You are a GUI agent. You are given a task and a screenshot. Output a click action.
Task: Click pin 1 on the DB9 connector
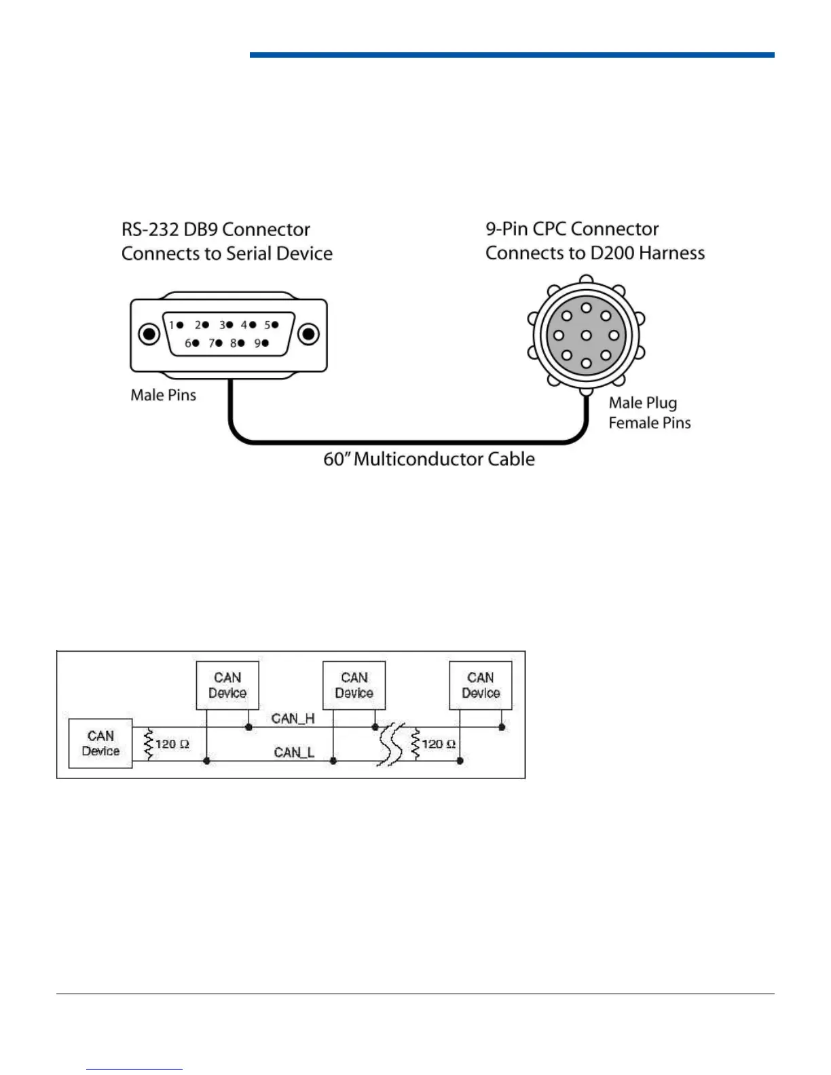(x=180, y=325)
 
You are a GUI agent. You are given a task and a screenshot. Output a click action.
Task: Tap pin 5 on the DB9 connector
(x=275, y=325)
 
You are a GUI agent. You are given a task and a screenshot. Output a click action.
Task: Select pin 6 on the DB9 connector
(x=196, y=343)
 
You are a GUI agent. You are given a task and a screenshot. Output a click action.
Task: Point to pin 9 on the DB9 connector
(x=265, y=343)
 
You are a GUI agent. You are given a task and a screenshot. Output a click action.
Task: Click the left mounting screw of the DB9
(x=149, y=334)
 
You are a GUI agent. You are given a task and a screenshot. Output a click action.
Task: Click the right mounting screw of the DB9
(x=309, y=334)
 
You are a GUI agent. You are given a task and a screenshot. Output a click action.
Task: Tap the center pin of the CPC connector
(x=587, y=335)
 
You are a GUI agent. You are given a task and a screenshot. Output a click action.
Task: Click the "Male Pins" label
(x=163, y=395)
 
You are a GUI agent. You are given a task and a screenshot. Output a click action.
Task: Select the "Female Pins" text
(x=649, y=423)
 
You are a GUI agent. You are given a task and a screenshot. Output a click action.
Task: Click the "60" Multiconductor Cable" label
(x=428, y=459)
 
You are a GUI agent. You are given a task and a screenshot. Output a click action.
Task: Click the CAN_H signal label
(x=293, y=718)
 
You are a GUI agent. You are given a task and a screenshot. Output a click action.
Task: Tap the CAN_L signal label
(x=294, y=752)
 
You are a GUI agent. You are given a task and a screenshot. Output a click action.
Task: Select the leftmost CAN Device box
(x=100, y=744)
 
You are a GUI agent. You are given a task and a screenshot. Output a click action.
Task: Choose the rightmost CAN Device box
(x=481, y=685)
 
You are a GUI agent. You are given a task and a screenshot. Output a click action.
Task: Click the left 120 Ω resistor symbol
(x=149, y=744)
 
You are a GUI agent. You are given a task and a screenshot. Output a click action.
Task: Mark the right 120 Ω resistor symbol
(x=415, y=744)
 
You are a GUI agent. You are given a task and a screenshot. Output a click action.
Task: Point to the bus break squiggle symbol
(x=390, y=744)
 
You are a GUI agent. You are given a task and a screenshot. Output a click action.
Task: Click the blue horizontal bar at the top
(x=512, y=55)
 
